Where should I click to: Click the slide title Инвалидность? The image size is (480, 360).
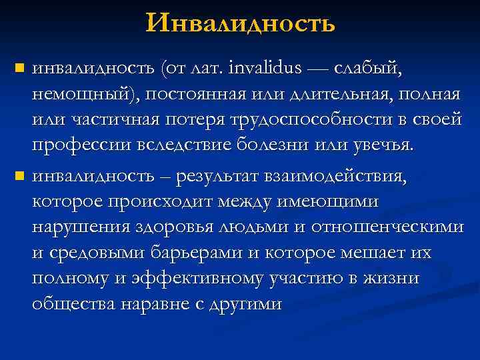tap(241, 25)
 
